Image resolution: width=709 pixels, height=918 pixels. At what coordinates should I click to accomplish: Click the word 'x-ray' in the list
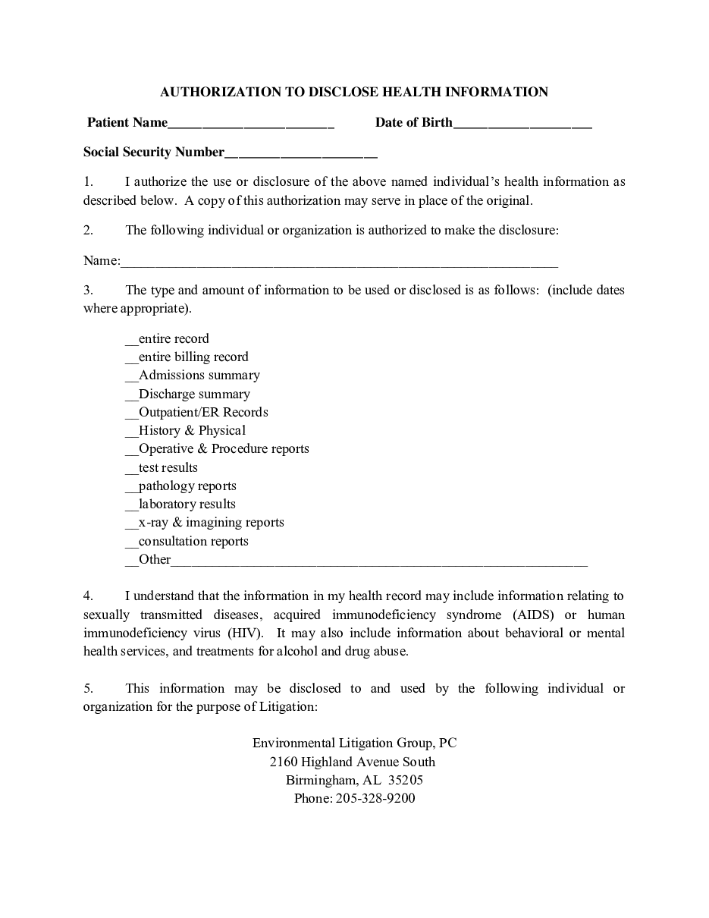(153, 523)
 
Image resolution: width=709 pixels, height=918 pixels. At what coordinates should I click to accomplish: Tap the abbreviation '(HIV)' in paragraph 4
(244, 633)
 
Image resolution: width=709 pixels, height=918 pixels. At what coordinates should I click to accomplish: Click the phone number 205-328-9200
(375, 798)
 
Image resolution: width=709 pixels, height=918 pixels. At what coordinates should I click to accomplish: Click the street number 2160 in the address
(284, 762)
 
